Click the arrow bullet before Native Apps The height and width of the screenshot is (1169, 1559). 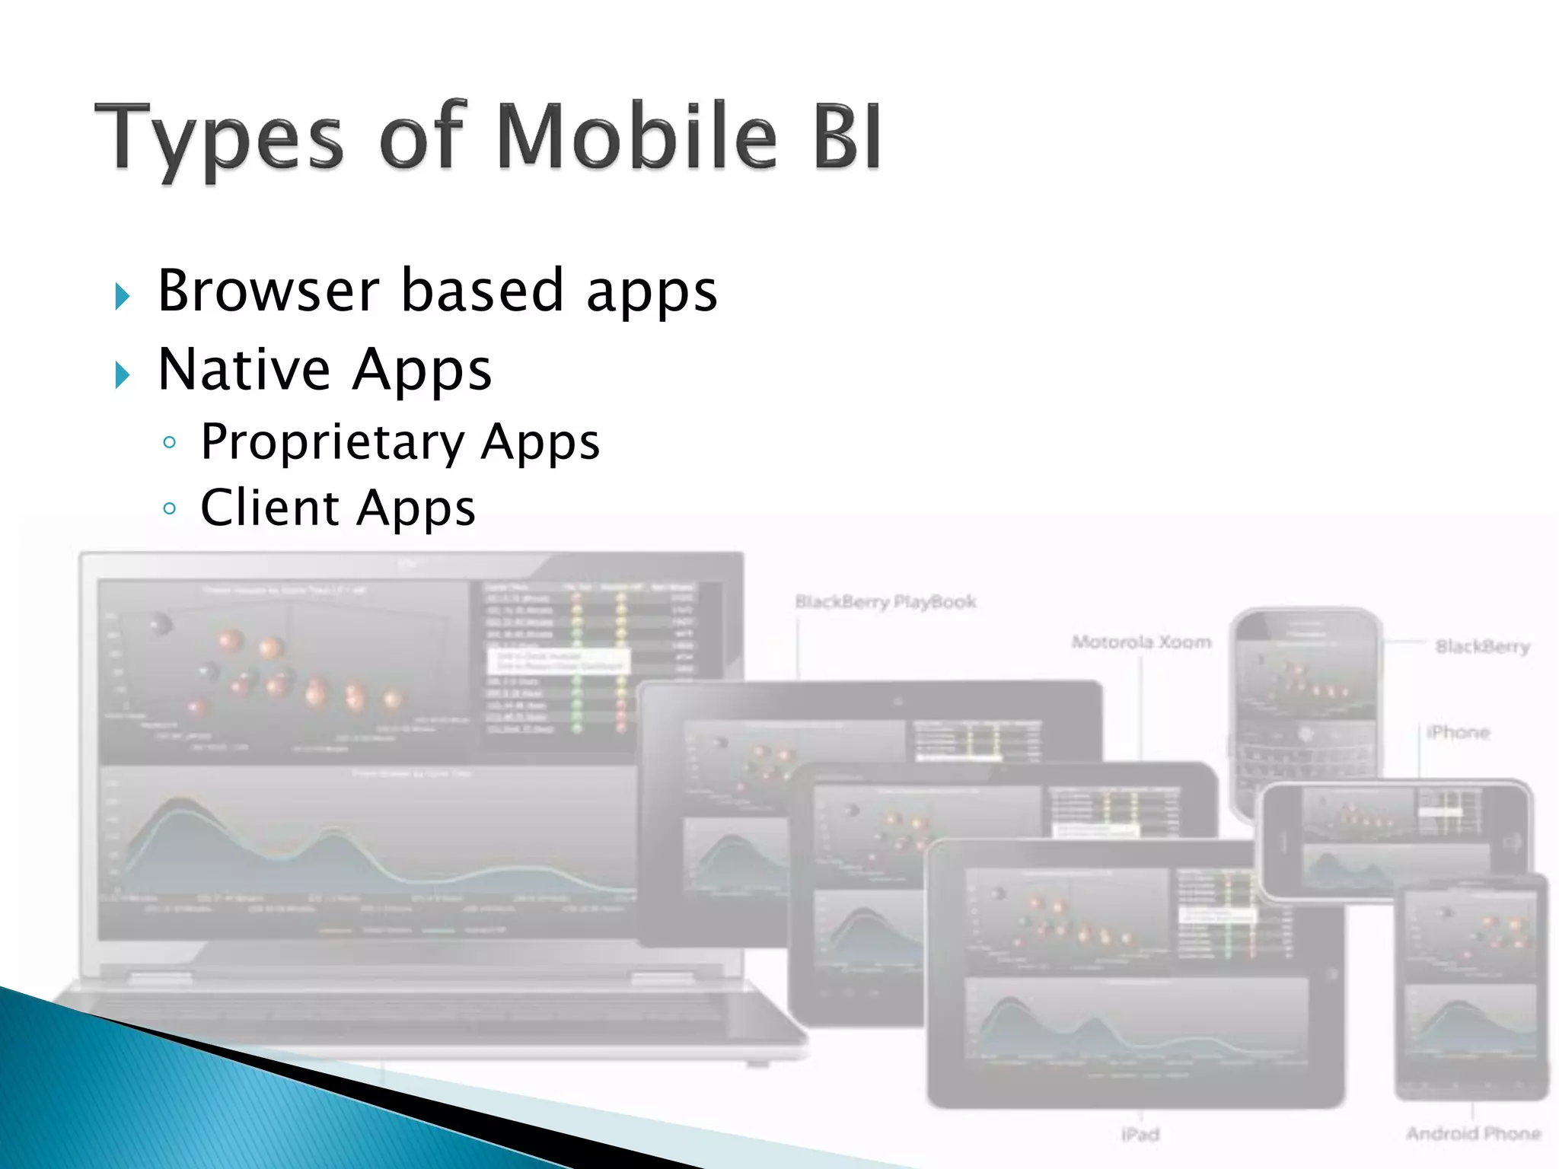[x=123, y=374]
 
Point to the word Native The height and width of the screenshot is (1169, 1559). [x=244, y=370]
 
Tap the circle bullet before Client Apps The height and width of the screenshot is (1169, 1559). [x=170, y=508]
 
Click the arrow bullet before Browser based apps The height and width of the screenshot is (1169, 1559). [x=123, y=295]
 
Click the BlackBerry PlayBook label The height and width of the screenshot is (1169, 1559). [x=885, y=602]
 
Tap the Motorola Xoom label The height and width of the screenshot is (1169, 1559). [x=1141, y=642]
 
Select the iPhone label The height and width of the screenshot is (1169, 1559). [x=1458, y=732]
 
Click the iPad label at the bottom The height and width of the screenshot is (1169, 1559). [x=1140, y=1135]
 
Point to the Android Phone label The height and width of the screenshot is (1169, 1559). [x=1473, y=1134]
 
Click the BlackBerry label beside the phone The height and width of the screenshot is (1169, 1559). [x=1482, y=647]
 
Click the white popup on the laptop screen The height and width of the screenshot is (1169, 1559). [x=560, y=661]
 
